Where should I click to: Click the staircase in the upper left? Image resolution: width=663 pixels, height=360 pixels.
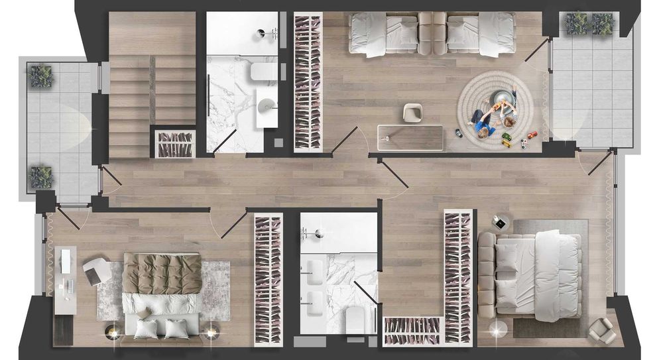151,86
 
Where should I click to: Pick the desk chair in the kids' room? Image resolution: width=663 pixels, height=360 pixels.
413,113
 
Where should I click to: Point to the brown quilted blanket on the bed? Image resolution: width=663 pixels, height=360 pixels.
162,273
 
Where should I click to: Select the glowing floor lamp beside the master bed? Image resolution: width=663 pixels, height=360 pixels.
495,328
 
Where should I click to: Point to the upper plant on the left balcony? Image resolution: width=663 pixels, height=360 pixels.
41,76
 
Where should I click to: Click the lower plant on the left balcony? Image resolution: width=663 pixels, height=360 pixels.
41,177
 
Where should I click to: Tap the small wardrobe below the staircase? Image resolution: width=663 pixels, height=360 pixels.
175,144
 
